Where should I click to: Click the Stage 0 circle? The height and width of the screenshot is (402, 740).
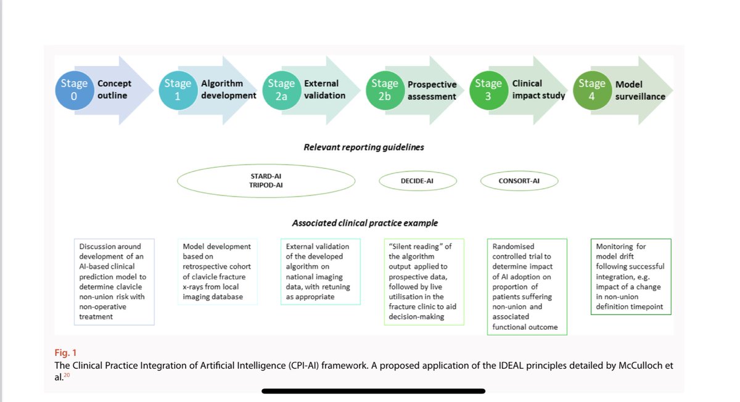click(x=74, y=89)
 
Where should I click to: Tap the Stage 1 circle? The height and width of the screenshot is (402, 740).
click(x=177, y=89)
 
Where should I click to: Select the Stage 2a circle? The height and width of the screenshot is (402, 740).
click(x=281, y=89)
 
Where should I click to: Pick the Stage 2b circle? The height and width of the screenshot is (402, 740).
click(x=385, y=89)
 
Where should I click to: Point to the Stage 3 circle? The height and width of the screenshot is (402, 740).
click(x=488, y=89)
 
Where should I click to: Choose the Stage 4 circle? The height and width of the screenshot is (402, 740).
click(x=592, y=89)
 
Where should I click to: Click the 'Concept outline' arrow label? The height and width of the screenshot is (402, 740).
click(x=115, y=89)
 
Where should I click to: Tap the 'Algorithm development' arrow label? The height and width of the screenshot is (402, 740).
click(x=228, y=89)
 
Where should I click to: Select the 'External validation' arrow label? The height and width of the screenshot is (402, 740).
click(x=324, y=89)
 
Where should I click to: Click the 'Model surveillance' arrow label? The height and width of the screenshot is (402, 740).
click(x=640, y=90)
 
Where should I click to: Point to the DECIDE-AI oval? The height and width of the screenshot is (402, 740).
click(x=417, y=181)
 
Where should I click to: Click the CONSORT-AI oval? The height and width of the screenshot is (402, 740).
click(x=519, y=181)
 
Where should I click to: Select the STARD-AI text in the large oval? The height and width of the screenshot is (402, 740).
click(x=266, y=176)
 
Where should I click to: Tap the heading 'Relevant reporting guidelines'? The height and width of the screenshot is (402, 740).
click(x=363, y=147)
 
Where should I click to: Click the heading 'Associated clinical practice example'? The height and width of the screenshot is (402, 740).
click(x=365, y=223)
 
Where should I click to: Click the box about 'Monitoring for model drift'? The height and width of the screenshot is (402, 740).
click(x=630, y=276)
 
